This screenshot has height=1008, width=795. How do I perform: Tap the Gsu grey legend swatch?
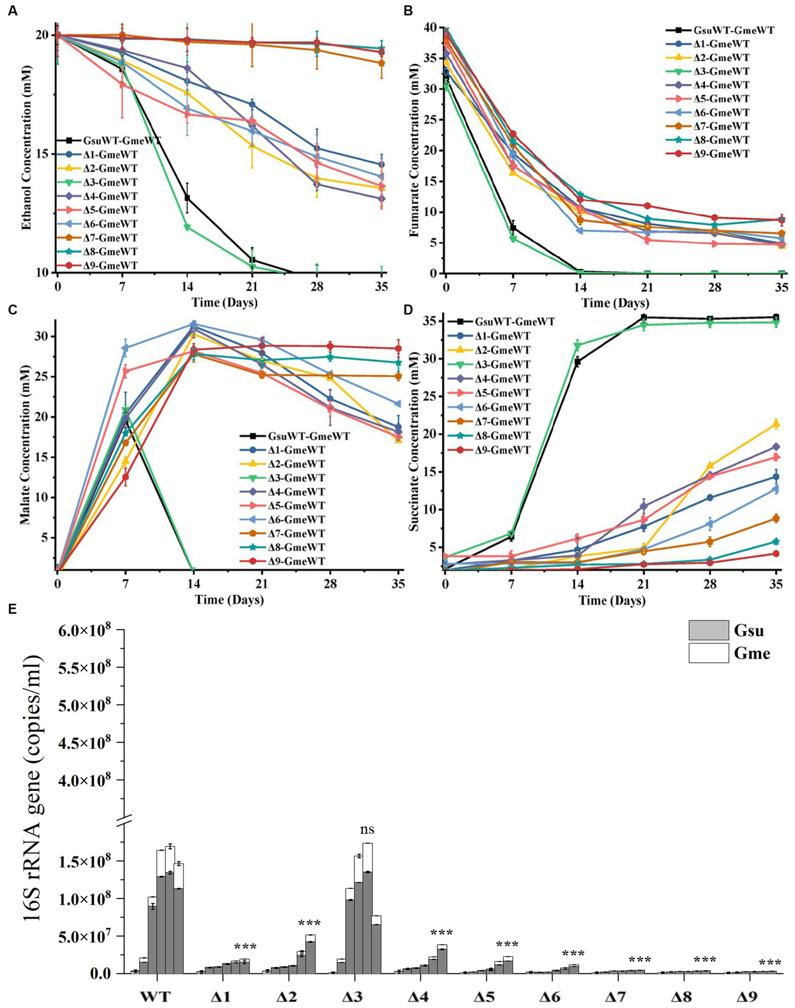click(x=709, y=630)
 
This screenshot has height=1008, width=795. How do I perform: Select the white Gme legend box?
click(x=709, y=653)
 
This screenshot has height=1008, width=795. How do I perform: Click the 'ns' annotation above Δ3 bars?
click(x=367, y=829)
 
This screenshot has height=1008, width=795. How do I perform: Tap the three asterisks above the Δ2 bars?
click(x=309, y=924)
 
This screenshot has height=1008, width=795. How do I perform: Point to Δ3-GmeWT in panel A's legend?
click(x=110, y=182)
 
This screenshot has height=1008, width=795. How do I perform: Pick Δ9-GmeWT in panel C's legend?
click(x=296, y=561)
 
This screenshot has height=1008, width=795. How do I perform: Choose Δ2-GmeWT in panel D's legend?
click(x=500, y=350)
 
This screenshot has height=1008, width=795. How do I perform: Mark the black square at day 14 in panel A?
click(x=187, y=198)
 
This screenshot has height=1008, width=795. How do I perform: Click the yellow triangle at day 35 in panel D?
click(x=776, y=423)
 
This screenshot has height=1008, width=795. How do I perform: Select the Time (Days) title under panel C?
click(x=228, y=600)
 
